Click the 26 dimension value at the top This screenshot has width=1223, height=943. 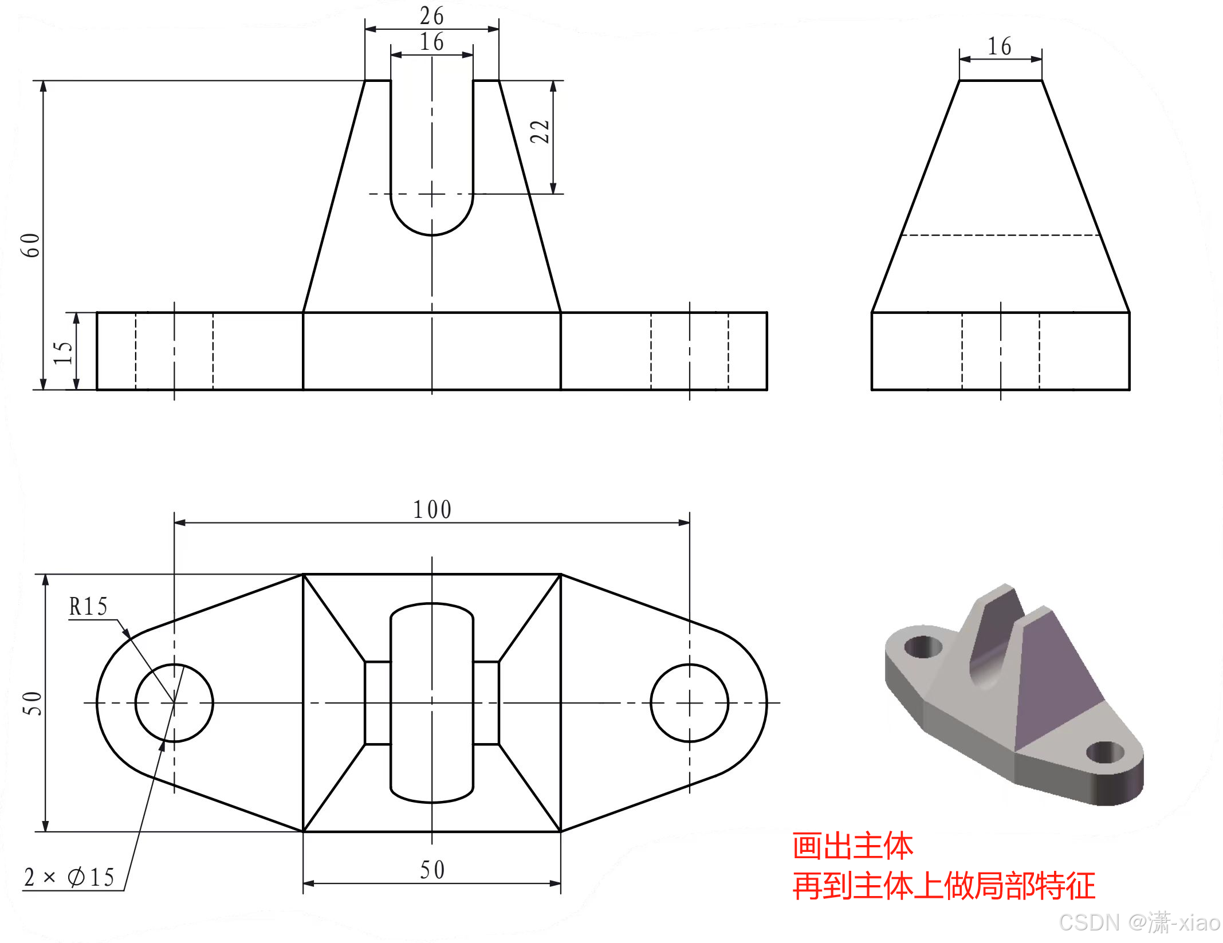click(431, 16)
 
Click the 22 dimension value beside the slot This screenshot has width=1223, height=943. click(540, 132)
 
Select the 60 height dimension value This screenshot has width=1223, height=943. click(30, 245)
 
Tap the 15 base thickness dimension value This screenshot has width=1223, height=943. click(62, 353)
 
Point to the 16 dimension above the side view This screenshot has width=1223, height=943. click(999, 46)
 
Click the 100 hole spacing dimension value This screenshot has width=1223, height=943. click(432, 509)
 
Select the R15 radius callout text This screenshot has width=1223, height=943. click(88, 606)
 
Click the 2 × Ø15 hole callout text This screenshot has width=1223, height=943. click(69, 877)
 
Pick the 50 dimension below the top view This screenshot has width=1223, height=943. click(432, 870)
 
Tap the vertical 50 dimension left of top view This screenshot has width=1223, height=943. click(32, 703)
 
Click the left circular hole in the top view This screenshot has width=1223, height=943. click(174, 703)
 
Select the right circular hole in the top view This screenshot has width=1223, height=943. click(689, 703)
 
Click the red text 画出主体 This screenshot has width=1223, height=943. click(852, 846)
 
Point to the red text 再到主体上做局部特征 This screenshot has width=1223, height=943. click(943, 886)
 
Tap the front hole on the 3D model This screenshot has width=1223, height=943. click(1104, 752)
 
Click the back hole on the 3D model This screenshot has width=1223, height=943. click(923, 647)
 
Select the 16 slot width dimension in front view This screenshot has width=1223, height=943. click(431, 42)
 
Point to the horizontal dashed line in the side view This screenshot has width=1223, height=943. click(1000, 235)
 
